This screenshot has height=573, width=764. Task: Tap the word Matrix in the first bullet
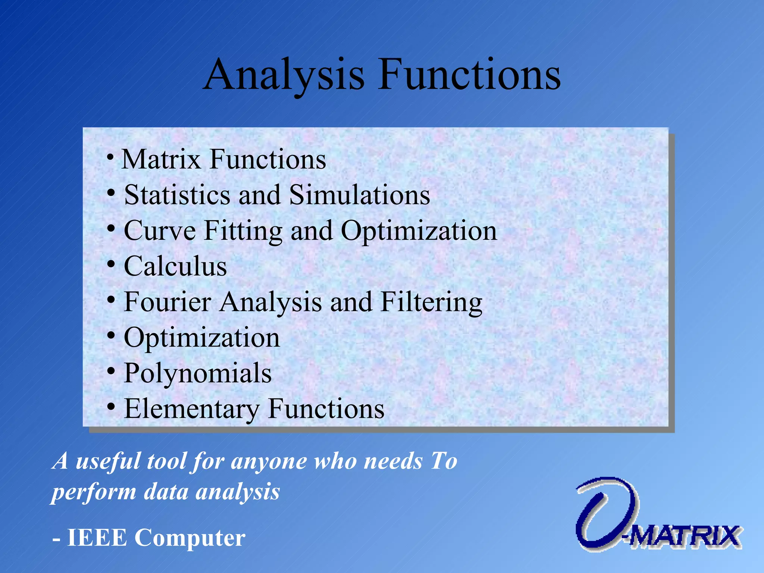point(161,160)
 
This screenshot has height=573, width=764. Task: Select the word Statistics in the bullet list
point(177,195)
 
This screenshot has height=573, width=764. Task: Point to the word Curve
point(160,231)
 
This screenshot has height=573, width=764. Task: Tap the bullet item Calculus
point(175,266)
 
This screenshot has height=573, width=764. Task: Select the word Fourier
point(167,302)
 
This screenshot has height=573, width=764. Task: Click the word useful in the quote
point(108,461)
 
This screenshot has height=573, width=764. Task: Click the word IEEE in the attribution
point(97,538)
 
